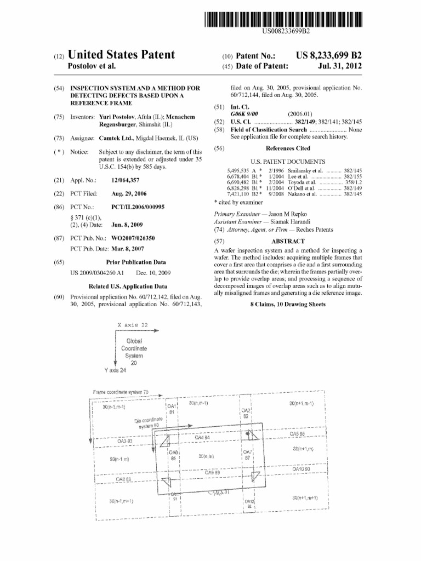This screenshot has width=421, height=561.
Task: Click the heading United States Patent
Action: click(x=120, y=55)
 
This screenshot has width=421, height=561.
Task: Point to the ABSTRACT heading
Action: click(x=288, y=241)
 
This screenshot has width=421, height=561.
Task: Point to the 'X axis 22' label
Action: click(x=133, y=325)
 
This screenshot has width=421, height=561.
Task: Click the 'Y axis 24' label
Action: click(x=115, y=370)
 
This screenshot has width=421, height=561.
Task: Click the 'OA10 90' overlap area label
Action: click(x=301, y=469)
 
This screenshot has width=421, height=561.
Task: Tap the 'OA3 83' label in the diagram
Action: click(x=126, y=440)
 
